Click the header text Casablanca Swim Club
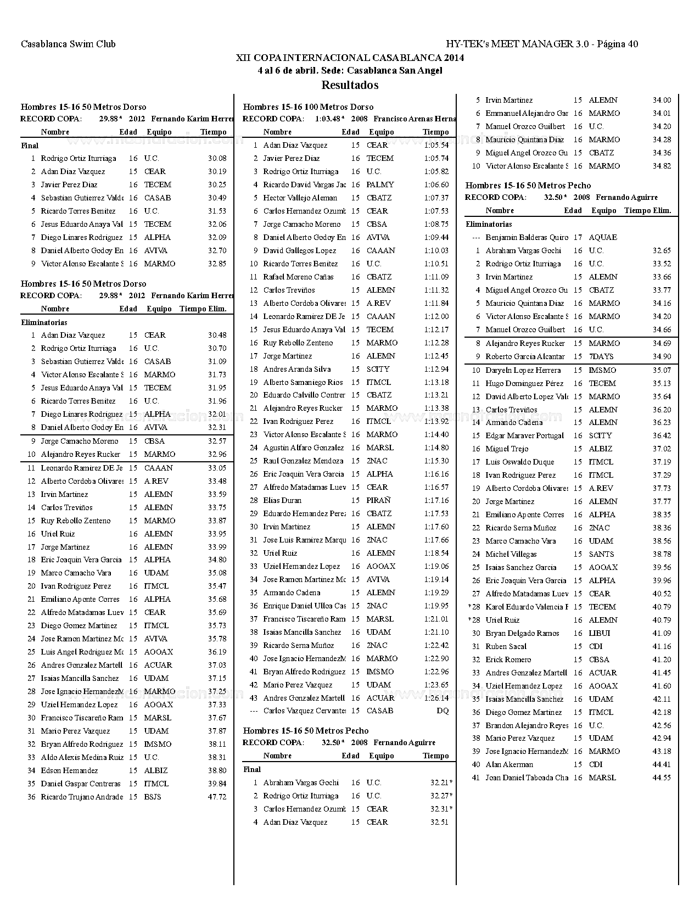click(68, 44)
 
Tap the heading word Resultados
click(350, 85)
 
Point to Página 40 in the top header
click(617, 44)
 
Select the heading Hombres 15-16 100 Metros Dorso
click(308, 107)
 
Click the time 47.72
click(217, 797)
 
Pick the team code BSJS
click(153, 797)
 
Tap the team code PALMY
click(380, 184)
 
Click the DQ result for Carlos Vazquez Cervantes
click(443, 711)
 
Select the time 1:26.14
click(436, 698)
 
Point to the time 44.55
click(662, 778)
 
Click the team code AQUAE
click(603, 237)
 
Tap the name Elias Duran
click(282, 500)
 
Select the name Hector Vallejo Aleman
click(300, 198)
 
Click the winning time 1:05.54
click(436, 145)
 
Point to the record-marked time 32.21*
click(441, 782)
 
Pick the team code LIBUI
click(600, 633)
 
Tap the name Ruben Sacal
click(506, 646)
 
